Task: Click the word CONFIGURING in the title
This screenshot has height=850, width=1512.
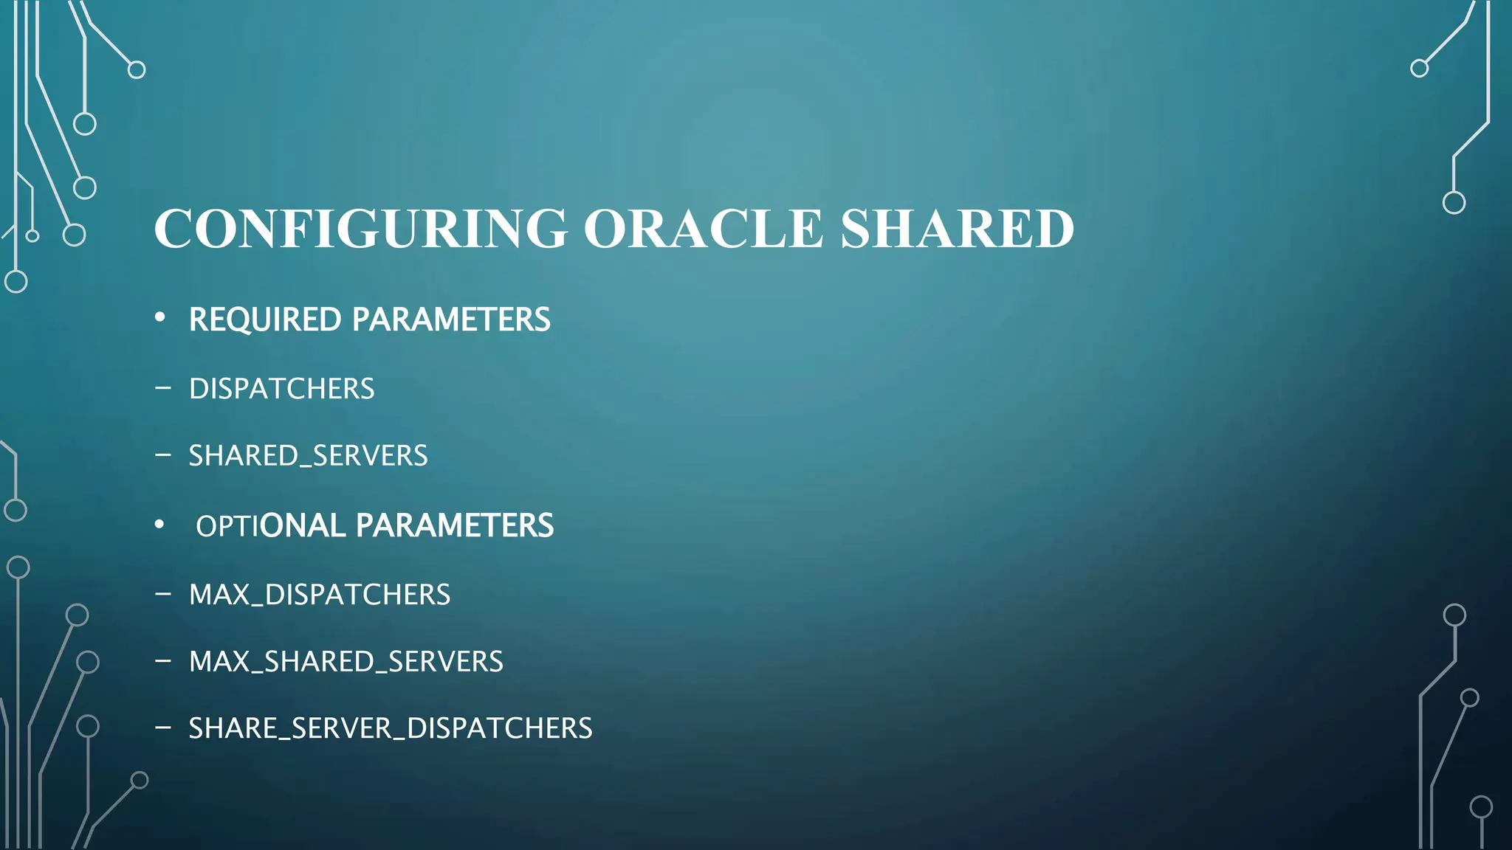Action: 361,229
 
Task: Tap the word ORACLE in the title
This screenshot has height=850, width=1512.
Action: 703,229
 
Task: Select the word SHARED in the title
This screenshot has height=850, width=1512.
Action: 957,229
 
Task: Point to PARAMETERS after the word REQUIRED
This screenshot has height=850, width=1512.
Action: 451,319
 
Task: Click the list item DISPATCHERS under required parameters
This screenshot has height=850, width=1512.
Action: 281,389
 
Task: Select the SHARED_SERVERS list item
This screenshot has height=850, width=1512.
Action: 308,456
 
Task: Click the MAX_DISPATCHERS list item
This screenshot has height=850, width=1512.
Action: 319,595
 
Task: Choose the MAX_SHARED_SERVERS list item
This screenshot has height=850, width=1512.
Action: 346,662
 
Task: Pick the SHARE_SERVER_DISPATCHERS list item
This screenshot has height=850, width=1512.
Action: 390,728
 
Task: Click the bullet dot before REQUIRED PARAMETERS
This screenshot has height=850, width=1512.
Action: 160,318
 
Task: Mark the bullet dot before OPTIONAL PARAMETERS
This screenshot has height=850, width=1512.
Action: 159,525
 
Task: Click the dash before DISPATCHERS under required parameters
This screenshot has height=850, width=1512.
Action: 163,387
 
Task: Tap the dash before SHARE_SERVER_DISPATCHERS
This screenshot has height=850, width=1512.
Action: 163,728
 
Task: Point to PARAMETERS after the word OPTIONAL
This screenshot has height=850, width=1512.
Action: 454,526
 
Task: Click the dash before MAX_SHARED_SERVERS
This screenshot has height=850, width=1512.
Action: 163,660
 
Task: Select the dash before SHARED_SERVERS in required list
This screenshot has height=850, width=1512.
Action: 163,455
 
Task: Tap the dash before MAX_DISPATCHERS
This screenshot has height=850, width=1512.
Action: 163,593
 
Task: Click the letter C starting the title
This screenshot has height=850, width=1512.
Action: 174,229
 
